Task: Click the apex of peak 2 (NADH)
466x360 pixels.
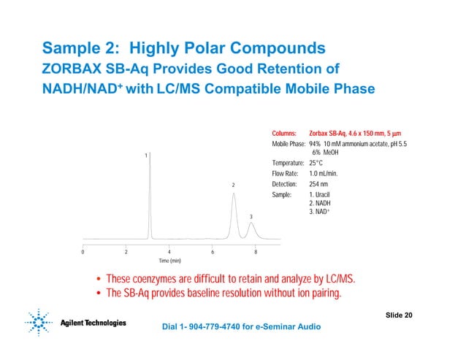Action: (234, 194)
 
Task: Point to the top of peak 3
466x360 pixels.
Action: (251, 223)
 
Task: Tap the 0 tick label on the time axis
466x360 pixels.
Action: (83, 251)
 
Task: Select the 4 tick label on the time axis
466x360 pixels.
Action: (169, 251)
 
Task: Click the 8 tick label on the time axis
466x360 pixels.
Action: (256, 251)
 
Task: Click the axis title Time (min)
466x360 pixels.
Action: (170, 261)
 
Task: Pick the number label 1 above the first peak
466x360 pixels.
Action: (146, 156)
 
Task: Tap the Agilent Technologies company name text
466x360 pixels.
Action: (93, 323)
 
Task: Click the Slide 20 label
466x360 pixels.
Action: (398, 315)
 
